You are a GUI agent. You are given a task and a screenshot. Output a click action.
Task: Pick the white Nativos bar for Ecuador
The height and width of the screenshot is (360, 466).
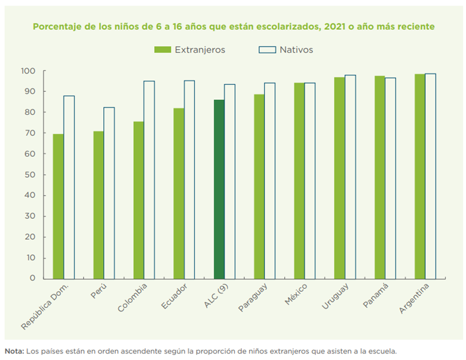(189, 179)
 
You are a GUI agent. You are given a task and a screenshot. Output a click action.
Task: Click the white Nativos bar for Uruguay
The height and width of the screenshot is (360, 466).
(350, 177)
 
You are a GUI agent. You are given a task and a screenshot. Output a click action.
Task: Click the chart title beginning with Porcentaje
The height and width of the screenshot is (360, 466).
(233, 27)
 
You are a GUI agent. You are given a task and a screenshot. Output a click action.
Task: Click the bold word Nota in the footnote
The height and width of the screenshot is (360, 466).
(14, 351)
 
